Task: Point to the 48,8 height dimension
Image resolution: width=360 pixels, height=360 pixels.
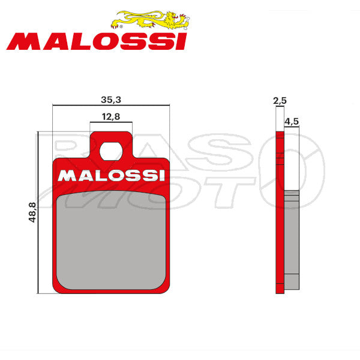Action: click(32, 212)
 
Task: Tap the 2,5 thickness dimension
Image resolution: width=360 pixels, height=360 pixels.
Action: click(278, 103)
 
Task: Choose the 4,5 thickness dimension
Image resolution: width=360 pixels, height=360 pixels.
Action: click(292, 121)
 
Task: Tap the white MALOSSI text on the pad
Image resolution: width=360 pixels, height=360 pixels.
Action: click(112, 176)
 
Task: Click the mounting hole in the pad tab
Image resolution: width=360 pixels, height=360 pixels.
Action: click(110, 151)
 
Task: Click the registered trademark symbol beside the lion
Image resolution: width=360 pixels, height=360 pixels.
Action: click(122, 27)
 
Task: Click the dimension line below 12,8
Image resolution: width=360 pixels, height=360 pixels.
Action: click(110, 124)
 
